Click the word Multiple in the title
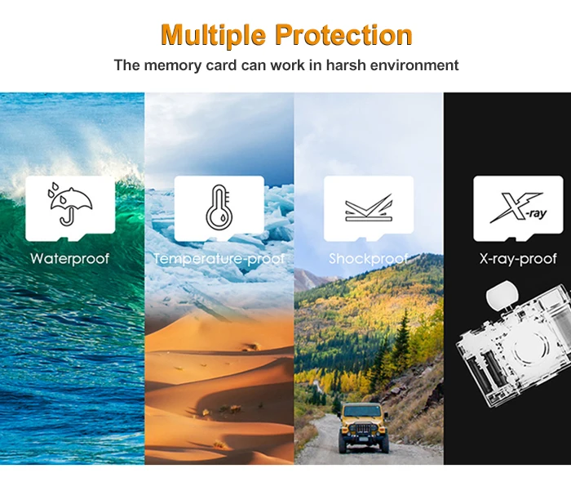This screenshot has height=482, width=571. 213,35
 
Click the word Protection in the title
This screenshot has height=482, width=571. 343,34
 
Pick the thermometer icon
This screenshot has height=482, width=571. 219,207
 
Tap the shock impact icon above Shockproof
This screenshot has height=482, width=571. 369,208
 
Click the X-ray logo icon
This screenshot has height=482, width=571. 517,208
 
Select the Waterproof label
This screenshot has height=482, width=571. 70,258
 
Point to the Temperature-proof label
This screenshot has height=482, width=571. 219,258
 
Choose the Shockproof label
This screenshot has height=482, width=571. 369,258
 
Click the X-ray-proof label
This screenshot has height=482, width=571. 518,258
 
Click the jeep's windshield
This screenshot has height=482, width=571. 362,411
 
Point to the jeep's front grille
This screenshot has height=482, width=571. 363,429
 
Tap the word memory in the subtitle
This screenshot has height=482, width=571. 173,65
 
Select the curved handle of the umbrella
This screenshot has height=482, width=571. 68,218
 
